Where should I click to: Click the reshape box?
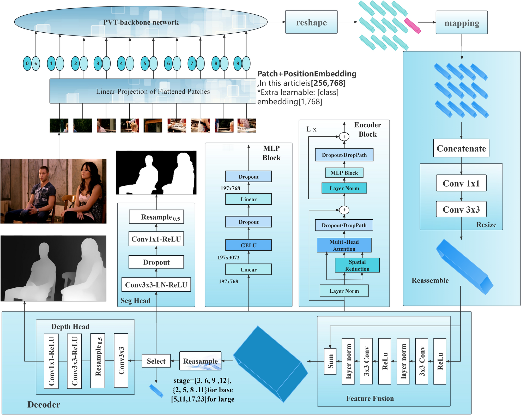point(311,22)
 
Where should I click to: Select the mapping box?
point(461,23)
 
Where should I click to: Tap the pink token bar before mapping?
point(412,26)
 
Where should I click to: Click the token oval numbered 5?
point(145,63)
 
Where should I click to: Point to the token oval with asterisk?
point(36,63)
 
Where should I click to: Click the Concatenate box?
point(461,148)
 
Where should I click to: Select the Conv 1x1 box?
point(461,183)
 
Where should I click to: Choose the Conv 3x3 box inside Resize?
point(461,209)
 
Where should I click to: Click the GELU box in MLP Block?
point(248,245)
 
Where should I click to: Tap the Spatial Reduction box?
point(357,265)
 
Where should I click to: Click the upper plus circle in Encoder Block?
point(344,137)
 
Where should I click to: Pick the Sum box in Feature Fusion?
point(330,361)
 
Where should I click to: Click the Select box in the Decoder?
point(156,361)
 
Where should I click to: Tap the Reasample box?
point(200,361)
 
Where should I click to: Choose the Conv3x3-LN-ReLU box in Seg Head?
point(156,285)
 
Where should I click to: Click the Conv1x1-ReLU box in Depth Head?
point(51,361)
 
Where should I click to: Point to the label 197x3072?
point(228,257)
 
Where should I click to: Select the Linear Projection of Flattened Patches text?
point(153,91)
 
